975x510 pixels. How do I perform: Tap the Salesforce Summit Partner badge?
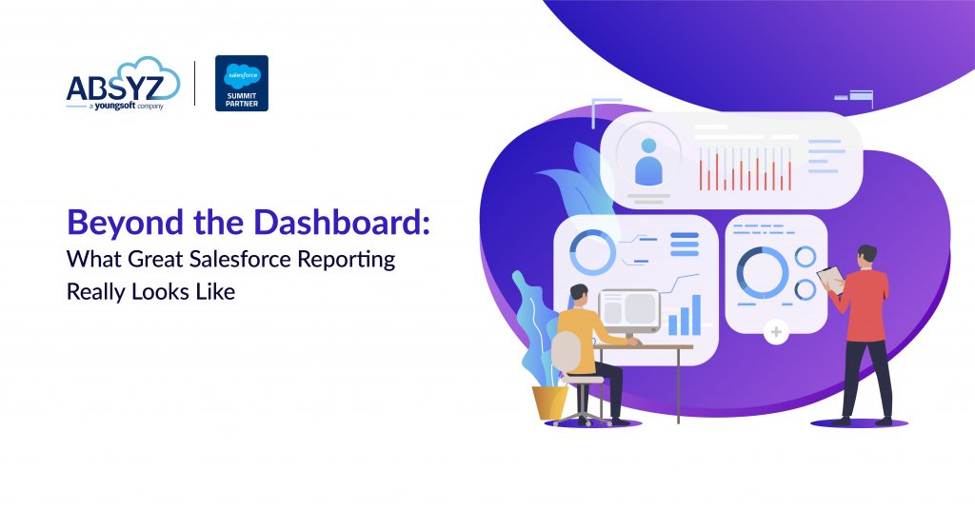tap(242, 84)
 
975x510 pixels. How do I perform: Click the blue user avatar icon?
tap(649, 163)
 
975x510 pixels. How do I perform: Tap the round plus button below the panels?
tap(777, 332)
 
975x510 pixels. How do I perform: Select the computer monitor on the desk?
tap(628, 309)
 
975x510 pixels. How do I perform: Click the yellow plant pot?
tap(549, 401)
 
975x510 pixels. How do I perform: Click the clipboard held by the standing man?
tap(830, 279)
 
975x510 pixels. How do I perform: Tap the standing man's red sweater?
tap(865, 304)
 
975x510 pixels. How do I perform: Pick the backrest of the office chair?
tap(565, 352)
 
